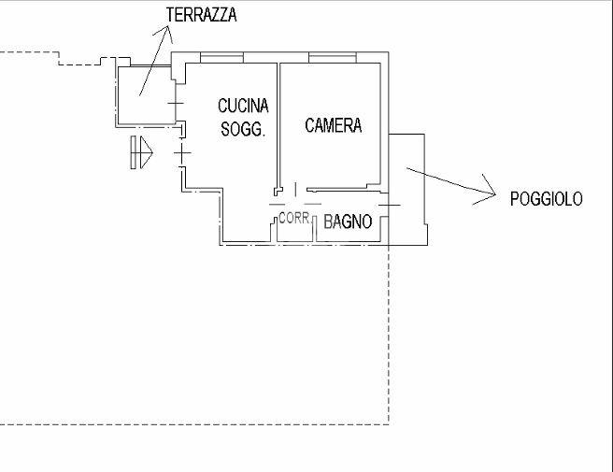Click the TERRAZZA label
tap(200, 14)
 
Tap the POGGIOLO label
tap(547, 198)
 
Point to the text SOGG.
tap(243, 130)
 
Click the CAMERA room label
tap(334, 125)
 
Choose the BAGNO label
tap(349, 222)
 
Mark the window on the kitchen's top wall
tap(228, 59)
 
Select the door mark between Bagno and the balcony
tap(390, 203)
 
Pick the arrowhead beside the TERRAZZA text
tap(167, 36)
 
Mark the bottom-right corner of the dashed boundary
tap(388, 424)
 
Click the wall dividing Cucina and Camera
tap(278, 122)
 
